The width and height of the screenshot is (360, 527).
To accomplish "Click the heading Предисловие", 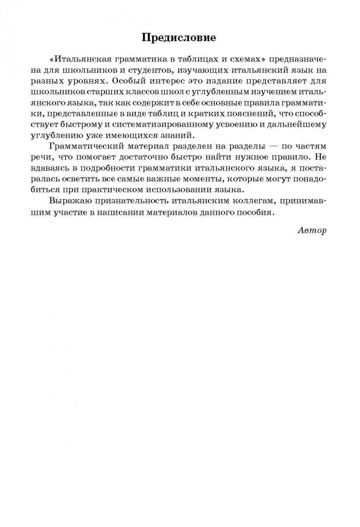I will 179,38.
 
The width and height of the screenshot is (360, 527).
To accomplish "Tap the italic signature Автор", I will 312,230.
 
